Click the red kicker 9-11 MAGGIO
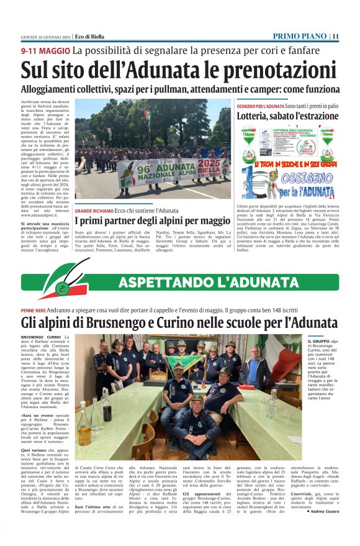[45, 50]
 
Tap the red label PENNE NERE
[33, 310]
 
